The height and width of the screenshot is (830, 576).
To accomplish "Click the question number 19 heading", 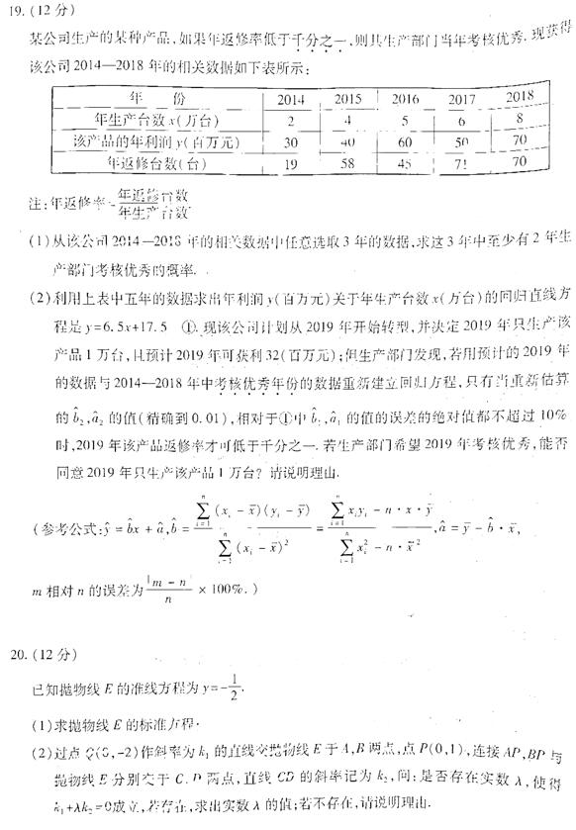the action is pos(16,13).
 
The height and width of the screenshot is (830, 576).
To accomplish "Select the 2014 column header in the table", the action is pos(290,99).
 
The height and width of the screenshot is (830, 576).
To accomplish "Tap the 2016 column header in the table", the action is pos(405,99).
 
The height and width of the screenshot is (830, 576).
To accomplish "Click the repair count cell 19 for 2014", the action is pos(290,163).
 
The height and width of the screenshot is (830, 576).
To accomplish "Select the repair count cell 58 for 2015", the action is pos(347,163).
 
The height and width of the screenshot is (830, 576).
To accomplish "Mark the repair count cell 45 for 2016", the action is pos(405,163).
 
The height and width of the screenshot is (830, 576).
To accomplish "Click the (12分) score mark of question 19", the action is pos(47,13).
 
